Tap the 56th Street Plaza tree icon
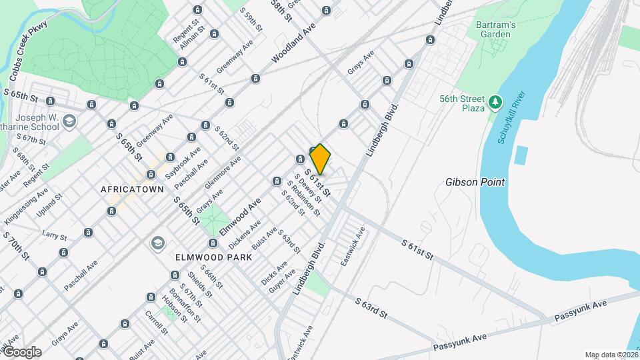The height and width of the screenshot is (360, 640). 495,102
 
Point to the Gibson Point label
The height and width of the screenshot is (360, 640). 475,182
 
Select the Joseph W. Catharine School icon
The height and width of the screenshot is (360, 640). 71,121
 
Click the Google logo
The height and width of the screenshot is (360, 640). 21,352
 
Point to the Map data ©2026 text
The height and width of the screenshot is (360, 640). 611,355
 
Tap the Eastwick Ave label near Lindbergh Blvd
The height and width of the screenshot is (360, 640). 353,247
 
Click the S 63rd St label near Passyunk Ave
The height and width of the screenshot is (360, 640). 371,309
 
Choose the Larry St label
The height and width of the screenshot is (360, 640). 55,236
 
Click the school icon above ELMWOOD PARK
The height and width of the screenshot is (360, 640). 157,241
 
